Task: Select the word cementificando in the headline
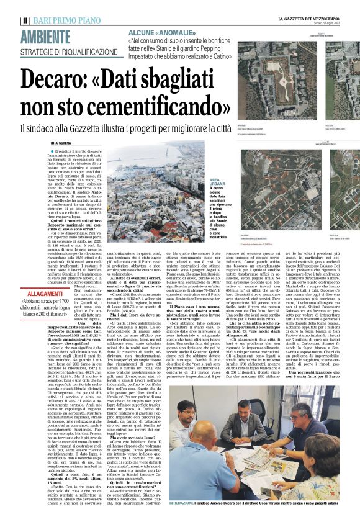point(137,107)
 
